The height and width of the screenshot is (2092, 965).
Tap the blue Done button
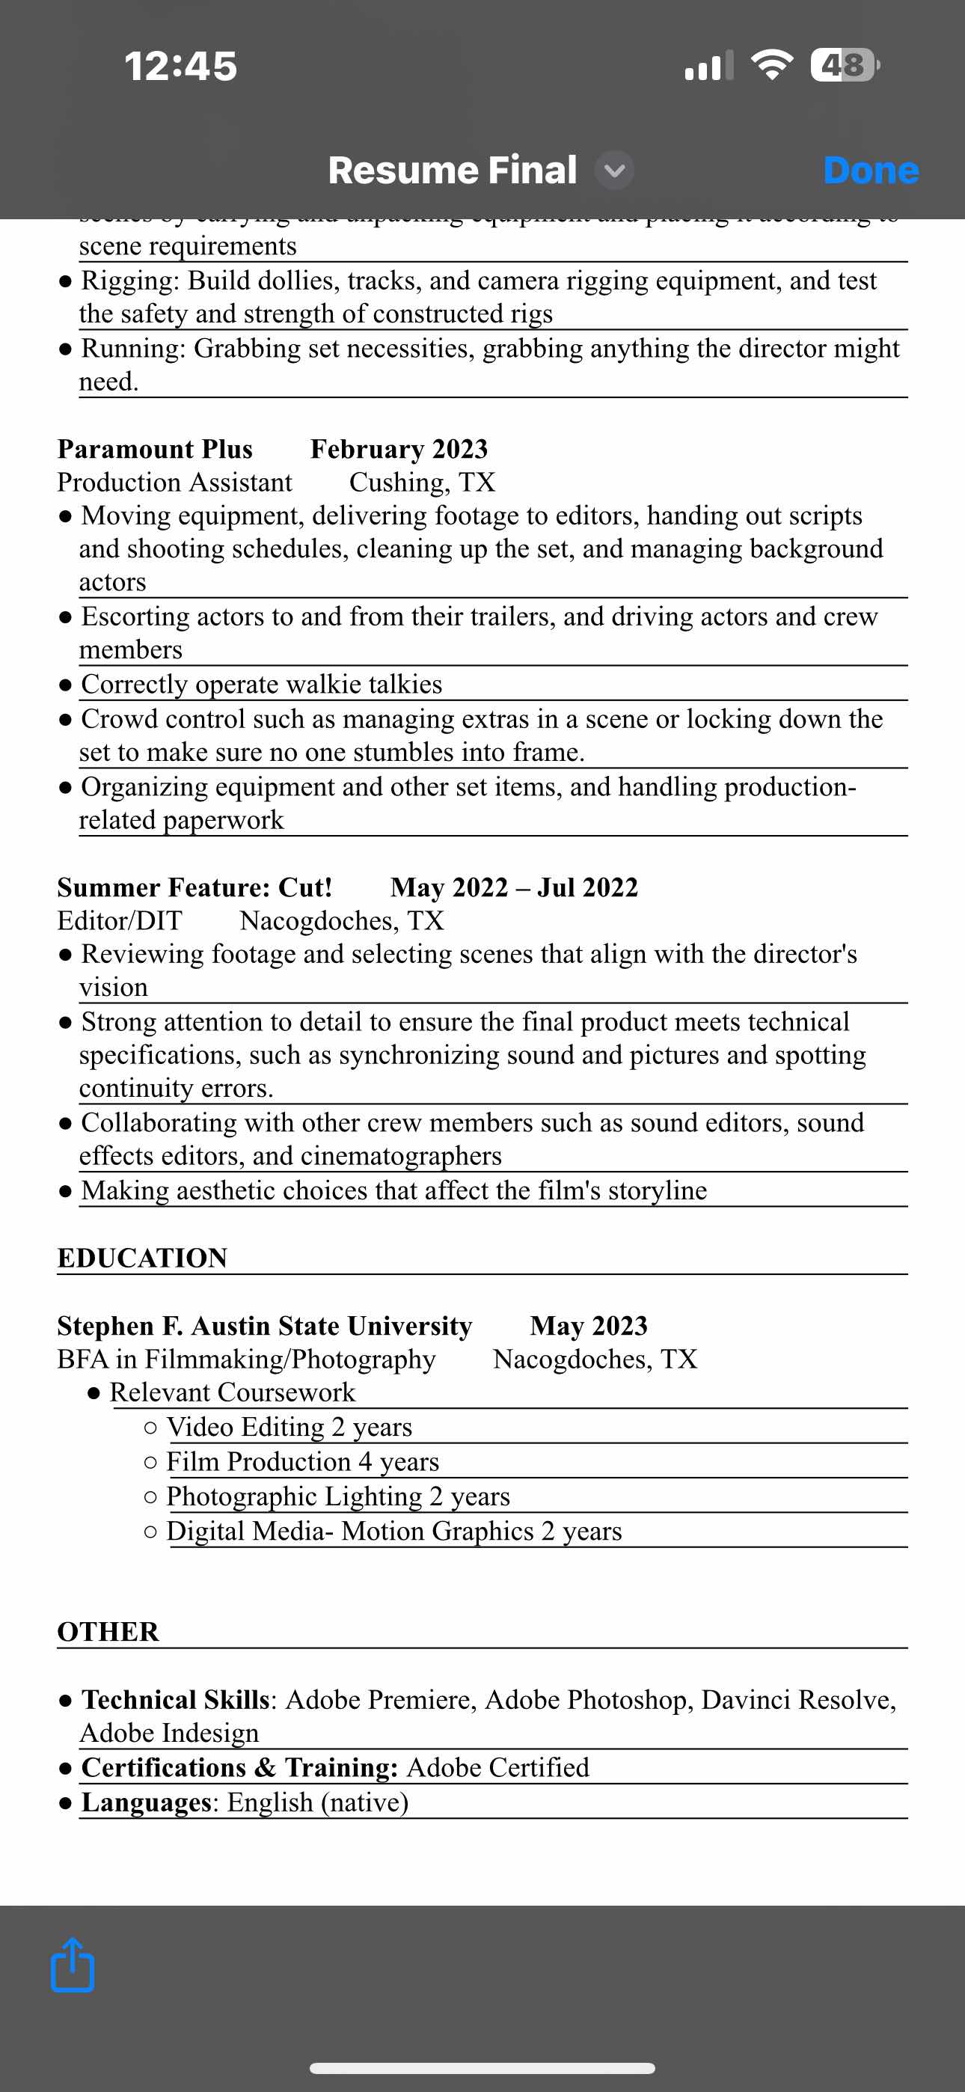(870, 171)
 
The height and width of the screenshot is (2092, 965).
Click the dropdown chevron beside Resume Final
(615, 171)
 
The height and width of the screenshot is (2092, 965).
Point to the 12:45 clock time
(180, 66)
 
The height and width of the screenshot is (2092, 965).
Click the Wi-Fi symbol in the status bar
(772, 65)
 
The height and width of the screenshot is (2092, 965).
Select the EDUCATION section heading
(142, 1258)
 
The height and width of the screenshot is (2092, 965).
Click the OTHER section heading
(108, 1632)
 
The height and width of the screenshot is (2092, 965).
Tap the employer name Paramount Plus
(155, 449)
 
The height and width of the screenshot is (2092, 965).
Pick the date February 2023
(399, 449)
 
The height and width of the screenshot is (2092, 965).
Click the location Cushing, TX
(422, 483)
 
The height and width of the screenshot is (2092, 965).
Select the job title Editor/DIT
(120, 921)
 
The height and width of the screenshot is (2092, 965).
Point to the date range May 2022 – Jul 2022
(513, 887)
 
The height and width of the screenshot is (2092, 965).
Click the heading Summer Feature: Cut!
(195, 887)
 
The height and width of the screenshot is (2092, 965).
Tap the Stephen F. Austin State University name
(265, 1326)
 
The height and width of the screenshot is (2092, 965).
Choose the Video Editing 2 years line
(288, 1427)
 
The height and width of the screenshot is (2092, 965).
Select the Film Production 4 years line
(302, 1462)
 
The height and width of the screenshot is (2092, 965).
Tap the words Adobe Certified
(497, 1768)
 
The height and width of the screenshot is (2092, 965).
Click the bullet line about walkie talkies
(262, 685)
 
